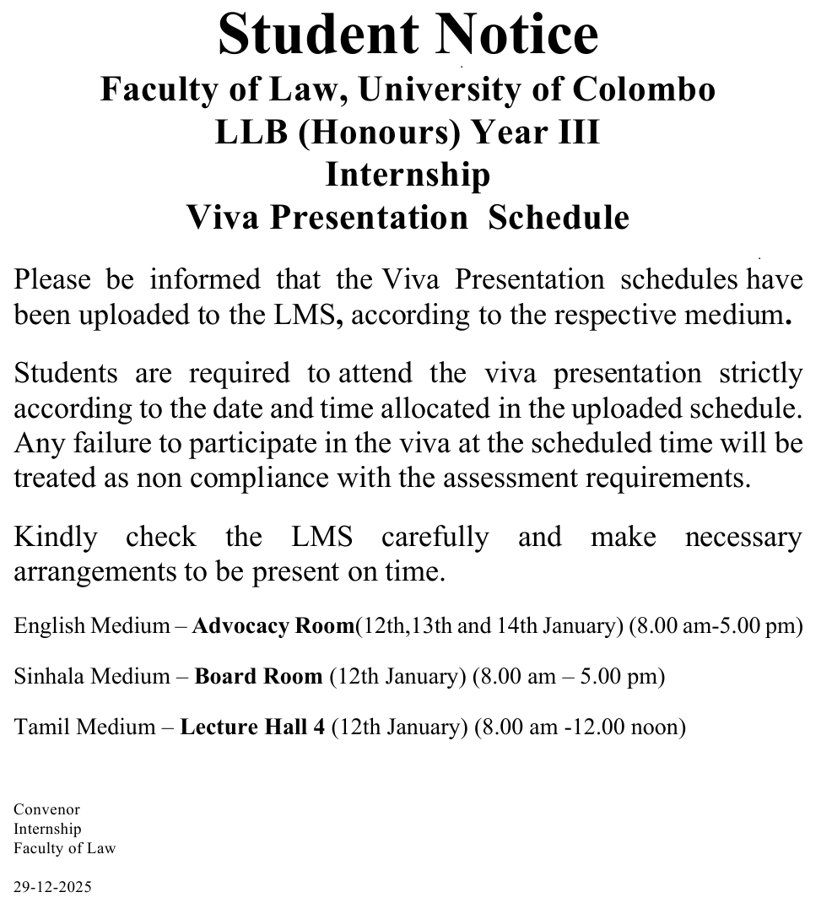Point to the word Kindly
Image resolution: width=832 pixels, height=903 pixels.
56,538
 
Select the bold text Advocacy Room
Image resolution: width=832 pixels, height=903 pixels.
273,626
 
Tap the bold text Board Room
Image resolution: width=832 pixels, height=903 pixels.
258,677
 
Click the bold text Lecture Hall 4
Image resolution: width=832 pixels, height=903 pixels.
252,727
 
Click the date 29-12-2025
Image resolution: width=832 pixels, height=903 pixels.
52,887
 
